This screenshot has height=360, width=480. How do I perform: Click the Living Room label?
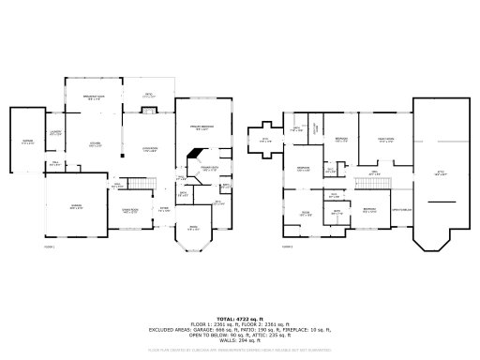[149, 149]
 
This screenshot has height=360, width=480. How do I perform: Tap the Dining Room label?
[129, 210]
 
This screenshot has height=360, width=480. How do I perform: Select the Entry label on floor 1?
[163, 210]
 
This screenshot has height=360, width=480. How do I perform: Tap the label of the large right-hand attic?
[440, 172]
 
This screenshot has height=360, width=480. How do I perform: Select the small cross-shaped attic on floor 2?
[263, 141]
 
